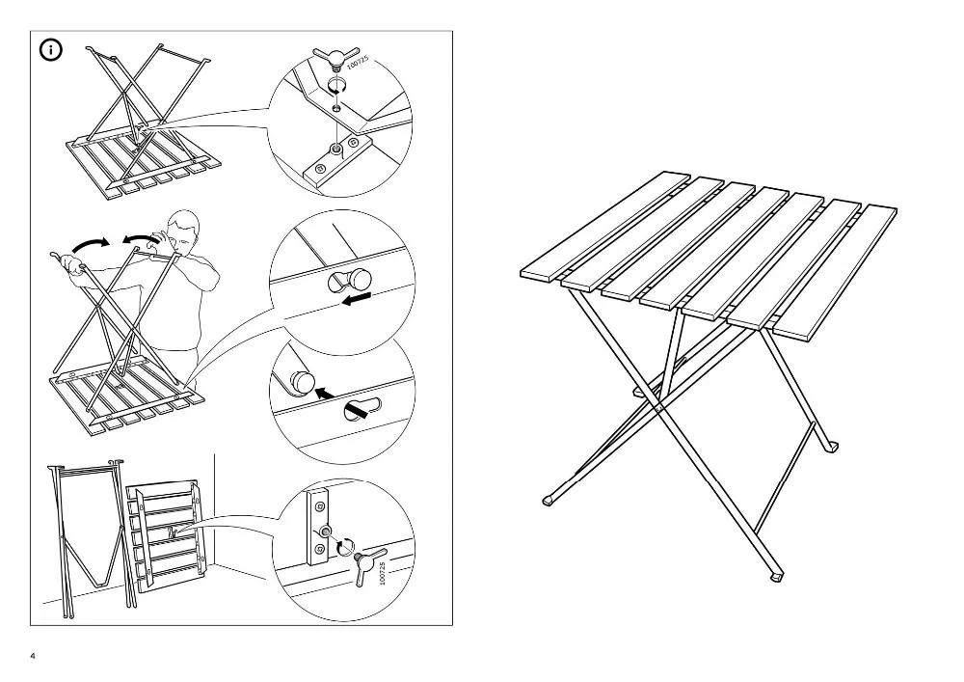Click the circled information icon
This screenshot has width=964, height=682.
(x=51, y=50)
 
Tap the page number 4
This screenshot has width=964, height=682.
(x=33, y=656)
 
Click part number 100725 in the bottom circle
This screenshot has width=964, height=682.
(x=382, y=573)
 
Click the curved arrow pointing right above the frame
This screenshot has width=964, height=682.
(x=91, y=245)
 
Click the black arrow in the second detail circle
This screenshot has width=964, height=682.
(x=357, y=299)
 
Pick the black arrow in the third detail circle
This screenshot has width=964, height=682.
(x=326, y=393)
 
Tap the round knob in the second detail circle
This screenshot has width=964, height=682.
(x=360, y=280)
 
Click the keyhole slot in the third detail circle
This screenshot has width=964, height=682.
(x=362, y=410)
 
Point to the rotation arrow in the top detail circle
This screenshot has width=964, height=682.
(x=335, y=88)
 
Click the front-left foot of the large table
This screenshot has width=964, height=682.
(x=550, y=500)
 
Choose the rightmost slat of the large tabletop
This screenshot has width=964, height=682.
(x=835, y=272)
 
